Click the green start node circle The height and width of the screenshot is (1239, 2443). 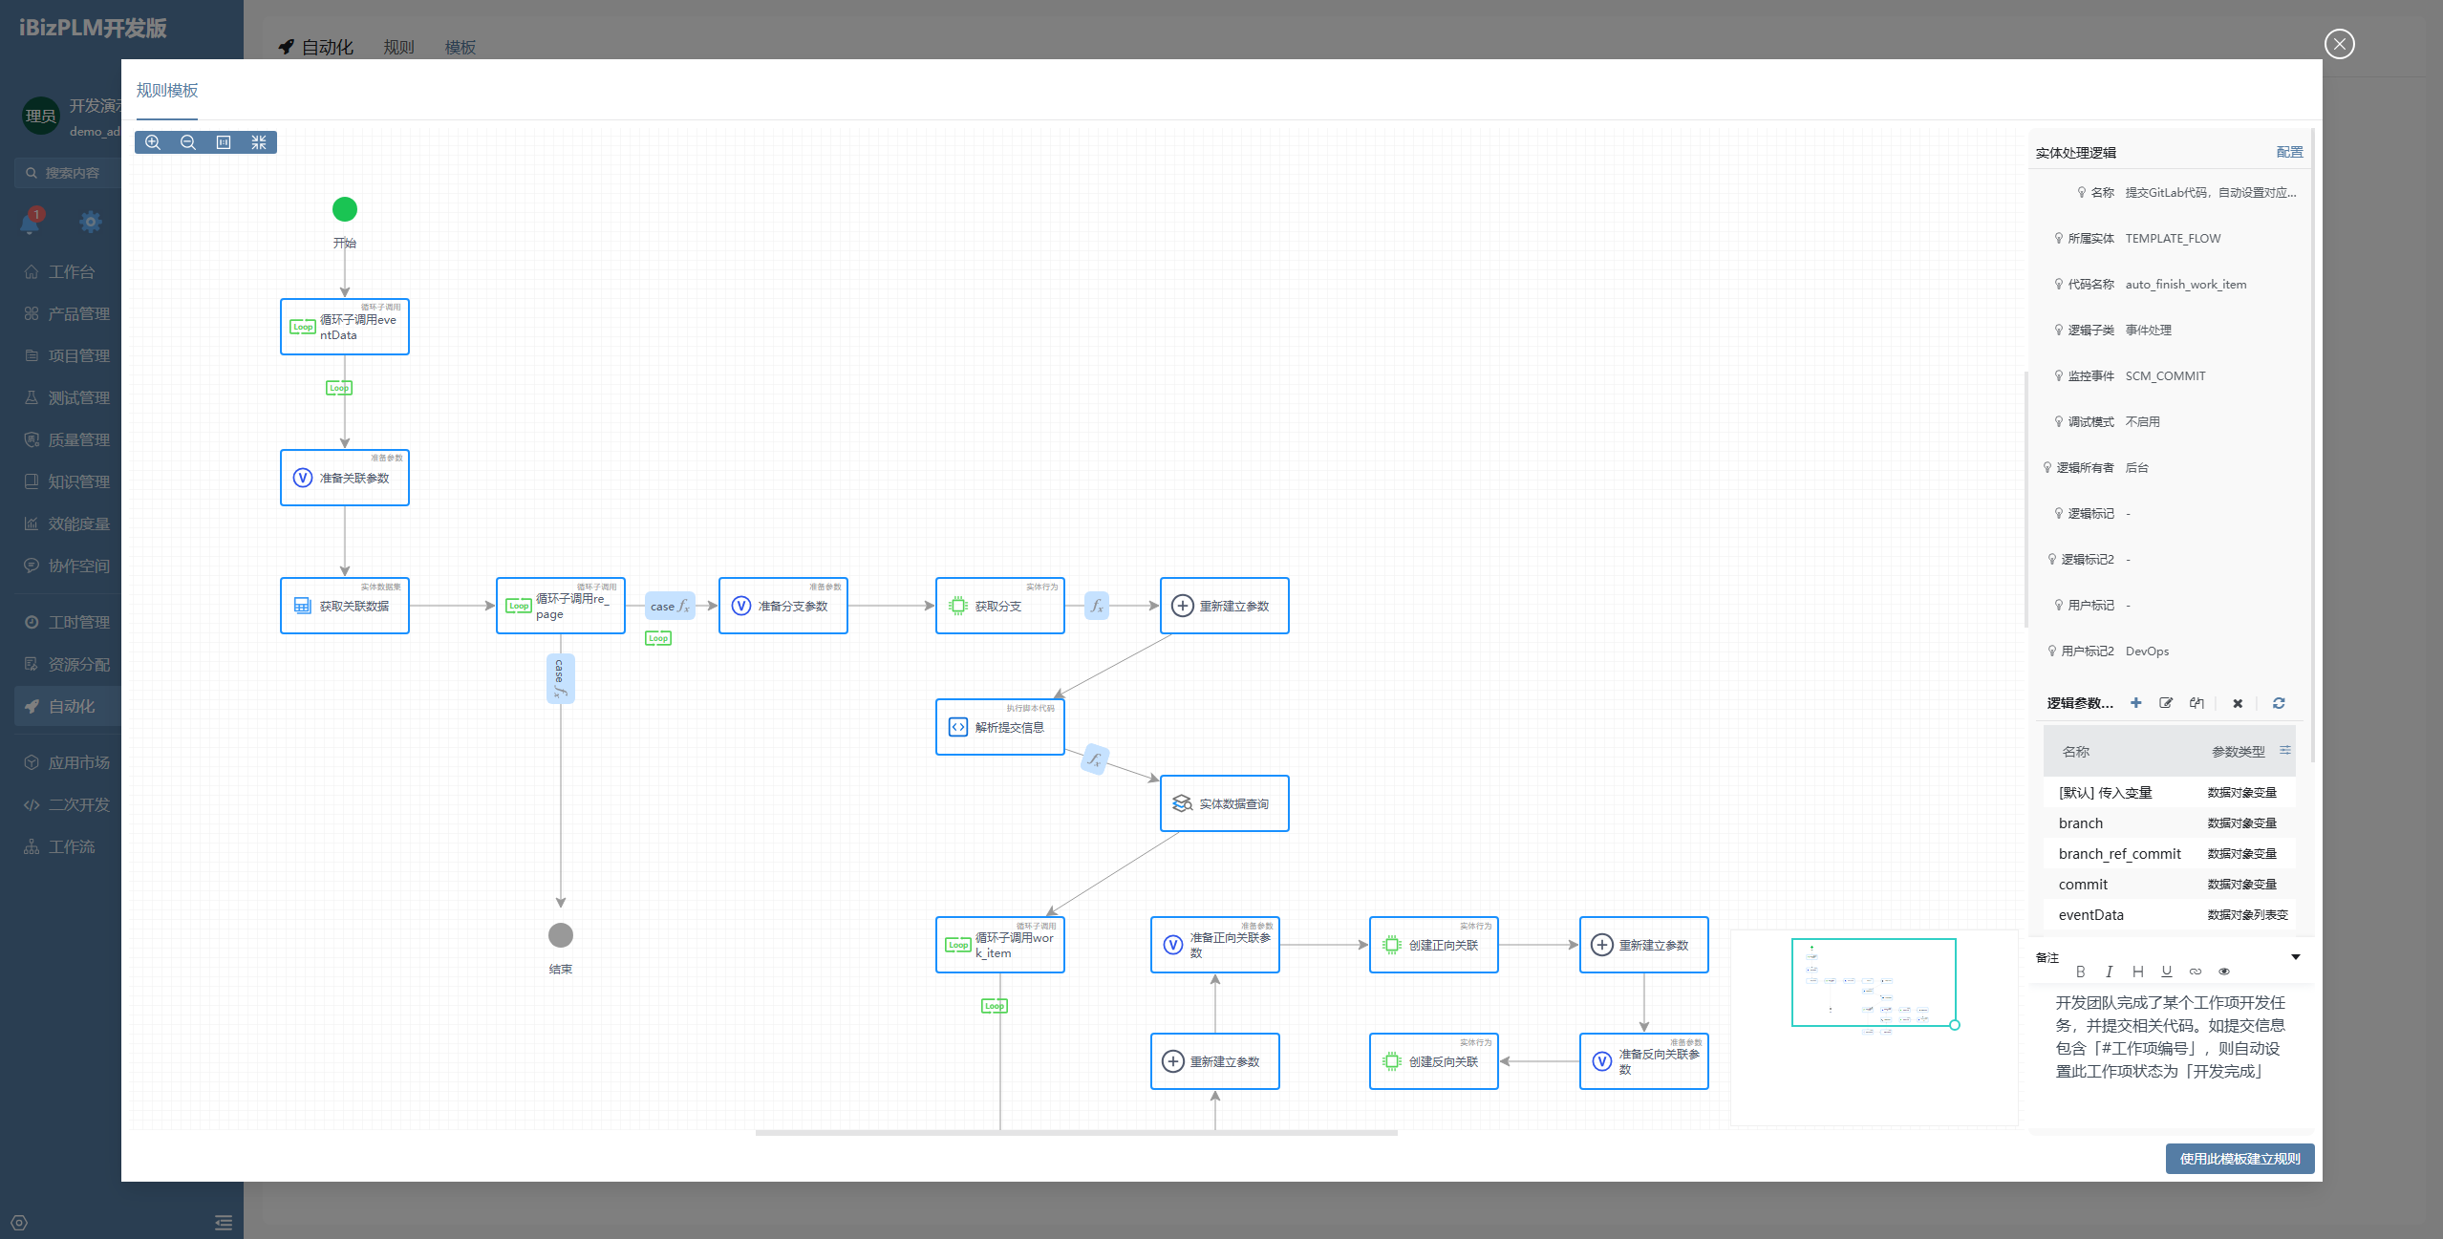(x=344, y=209)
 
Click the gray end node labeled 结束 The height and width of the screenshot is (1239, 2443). (x=561, y=935)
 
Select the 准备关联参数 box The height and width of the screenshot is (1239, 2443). (x=345, y=478)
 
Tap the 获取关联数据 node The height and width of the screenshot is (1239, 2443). (x=345, y=606)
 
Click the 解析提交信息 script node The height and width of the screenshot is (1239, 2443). (x=999, y=727)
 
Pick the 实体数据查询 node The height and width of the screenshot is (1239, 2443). (x=1224, y=803)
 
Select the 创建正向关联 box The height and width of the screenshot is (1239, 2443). (x=1433, y=945)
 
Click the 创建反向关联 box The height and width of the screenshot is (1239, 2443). (x=1433, y=1061)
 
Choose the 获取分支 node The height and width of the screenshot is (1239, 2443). (x=999, y=606)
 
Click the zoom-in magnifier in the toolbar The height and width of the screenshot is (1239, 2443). (x=153, y=142)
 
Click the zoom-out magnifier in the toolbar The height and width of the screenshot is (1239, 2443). (x=188, y=142)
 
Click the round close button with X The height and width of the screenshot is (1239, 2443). (x=2339, y=44)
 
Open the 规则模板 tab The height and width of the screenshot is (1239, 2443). (x=167, y=91)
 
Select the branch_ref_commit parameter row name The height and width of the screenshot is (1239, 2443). (x=2119, y=854)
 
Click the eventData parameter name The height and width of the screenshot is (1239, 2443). (x=2090, y=915)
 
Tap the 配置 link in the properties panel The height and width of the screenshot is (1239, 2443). (x=2289, y=153)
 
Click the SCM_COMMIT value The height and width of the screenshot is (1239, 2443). (x=2165, y=376)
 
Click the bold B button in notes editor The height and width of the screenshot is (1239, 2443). (x=2080, y=972)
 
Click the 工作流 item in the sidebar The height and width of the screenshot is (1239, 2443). (x=72, y=847)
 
